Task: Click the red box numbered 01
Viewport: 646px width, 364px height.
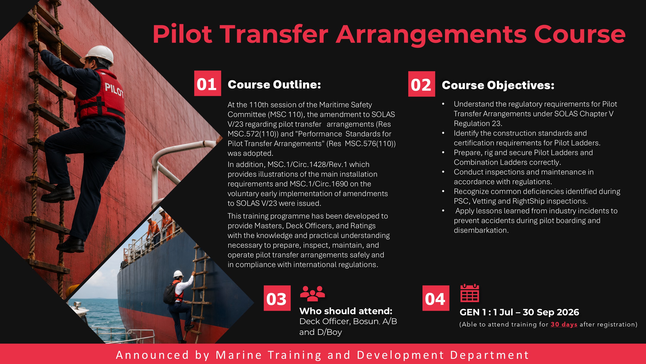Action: pyautogui.click(x=208, y=83)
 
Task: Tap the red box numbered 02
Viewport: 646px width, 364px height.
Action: pyautogui.click(x=422, y=84)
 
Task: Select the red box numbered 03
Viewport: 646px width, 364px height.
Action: pyautogui.click(x=277, y=298)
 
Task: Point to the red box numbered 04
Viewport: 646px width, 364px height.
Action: pyautogui.click(x=436, y=298)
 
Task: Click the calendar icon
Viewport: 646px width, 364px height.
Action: pyautogui.click(x=470, y=293)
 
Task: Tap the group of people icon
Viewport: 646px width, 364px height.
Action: pyautogui.click(x=312, y=293)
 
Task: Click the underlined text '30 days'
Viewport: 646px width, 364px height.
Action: pyautogui.click(x=564, y=324)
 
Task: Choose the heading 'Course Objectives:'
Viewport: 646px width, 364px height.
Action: pyautogui.click(x=498, y=85)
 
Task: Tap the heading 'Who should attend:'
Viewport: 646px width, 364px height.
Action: pyautogui.click(x=346, y=311)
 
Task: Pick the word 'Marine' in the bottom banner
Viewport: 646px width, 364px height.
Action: pyautogui.click(x=239, y=355)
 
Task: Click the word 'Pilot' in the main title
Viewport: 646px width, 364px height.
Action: pyautogui.click(x=183, y=35)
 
